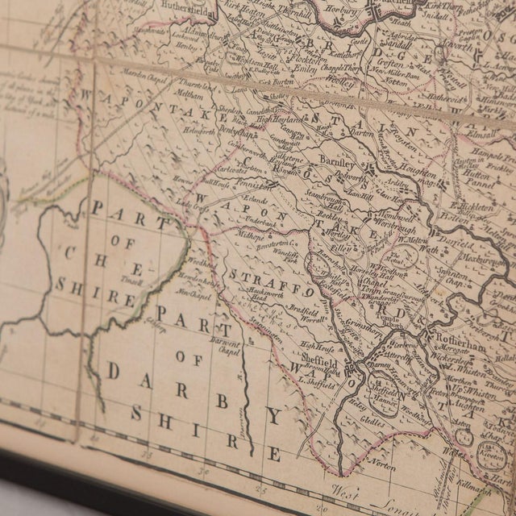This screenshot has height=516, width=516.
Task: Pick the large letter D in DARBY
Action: coord(115,372)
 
